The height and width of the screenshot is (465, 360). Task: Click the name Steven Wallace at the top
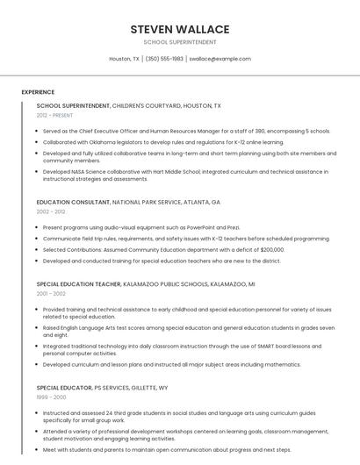pyautogui.click(x=180, y=29)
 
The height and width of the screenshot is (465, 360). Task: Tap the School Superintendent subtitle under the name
pyautogui.click(x=180, y=41)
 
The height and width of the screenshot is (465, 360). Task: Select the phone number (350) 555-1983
pyautogui.click(x=164, y=59)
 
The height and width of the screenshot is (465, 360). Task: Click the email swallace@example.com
pyautogui.click(x=220, y=59)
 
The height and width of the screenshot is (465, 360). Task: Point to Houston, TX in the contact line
pyautogui.click(x=124, y=59)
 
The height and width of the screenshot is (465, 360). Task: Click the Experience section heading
pyautogui.click(x=38, y=91)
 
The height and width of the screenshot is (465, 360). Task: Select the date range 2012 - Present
pyautogui.click(x=54, y=115)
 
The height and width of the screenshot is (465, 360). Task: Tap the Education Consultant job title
pyautogui.click(x=73, y=202)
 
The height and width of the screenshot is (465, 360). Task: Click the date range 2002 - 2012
pyautogui.click(x=51, y=211)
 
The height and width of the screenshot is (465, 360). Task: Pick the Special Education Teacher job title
pyautogui.click(x=78, y=284)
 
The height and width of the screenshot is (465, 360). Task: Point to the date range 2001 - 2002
pyautogui.click(x=51, y=294)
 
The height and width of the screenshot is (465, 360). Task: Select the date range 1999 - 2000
pyautogui.click(x=51, y=397)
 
